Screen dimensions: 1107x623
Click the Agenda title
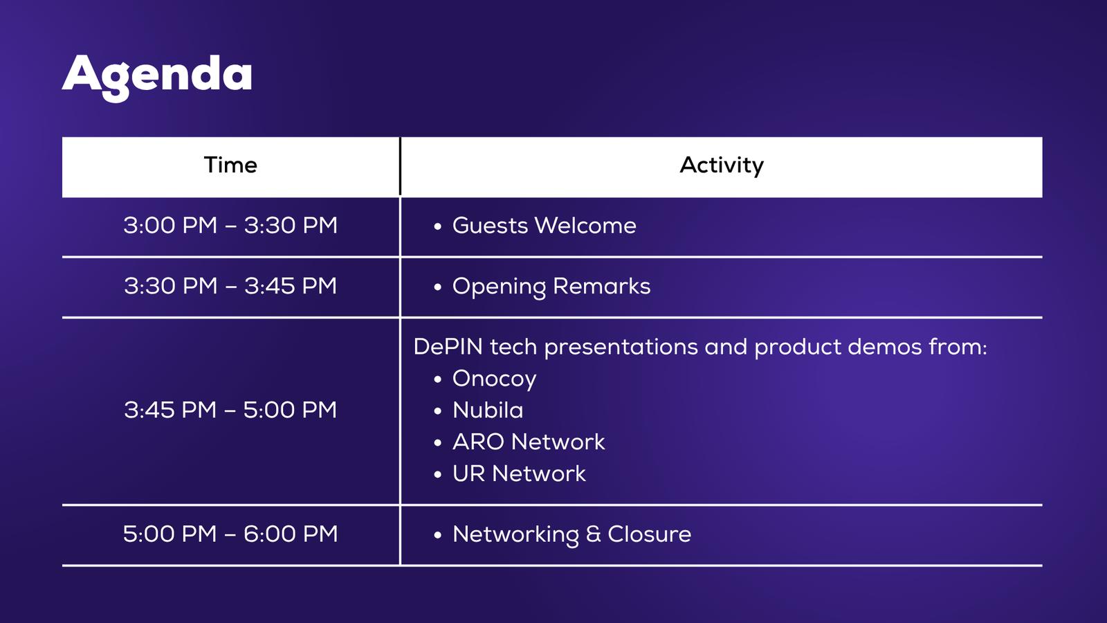click(156, 78)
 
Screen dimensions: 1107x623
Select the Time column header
click(230, 165)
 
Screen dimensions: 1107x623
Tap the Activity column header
click(722, 165)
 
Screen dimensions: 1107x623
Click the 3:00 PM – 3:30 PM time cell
click(230, 226)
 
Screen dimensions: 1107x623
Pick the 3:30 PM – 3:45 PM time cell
click(230, 286)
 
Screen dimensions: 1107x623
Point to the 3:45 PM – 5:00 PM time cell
click(230, 410)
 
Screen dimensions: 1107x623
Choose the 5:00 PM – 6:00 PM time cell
click(230, 534)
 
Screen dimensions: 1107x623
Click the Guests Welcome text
click(544, 226)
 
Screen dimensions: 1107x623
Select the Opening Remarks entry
click(551, 287)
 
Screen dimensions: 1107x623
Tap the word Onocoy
click(494, 379)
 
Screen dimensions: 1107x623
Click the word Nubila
click(488, 410)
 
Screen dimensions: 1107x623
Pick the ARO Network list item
click(529, 442)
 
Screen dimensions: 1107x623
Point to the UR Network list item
click(519, 473)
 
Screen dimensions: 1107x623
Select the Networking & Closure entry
click(571, 534)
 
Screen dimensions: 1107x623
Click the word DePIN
click(448, 347)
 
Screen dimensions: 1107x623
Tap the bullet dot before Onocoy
click(437, 380)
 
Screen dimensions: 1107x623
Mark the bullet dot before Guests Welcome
click(437, 226)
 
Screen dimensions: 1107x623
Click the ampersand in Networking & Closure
click(593, 534)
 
